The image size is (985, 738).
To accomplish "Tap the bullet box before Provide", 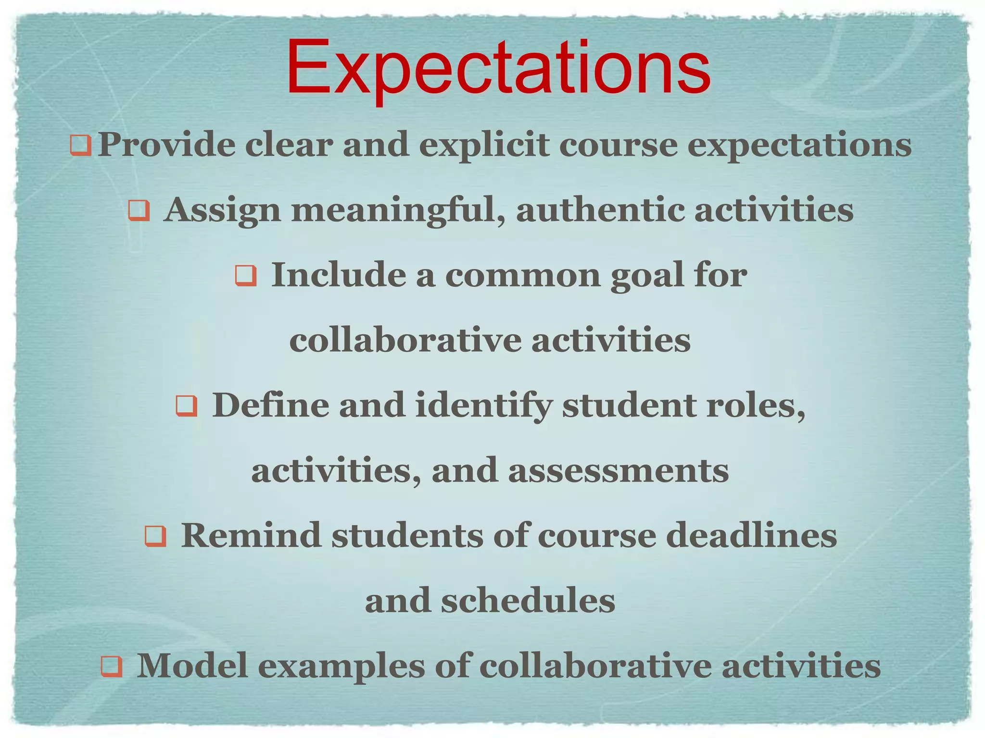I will click(80, 145).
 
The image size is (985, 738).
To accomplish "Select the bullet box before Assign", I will click(139, 210).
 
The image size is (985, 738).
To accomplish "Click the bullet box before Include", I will click(246, 276).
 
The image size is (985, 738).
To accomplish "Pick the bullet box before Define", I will click(186, 406).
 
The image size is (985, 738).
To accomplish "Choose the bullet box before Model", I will click(111, 666).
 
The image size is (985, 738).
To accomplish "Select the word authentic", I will click(600, 210).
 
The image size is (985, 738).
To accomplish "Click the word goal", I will click(647, 276).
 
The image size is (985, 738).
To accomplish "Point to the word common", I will click(522, 276).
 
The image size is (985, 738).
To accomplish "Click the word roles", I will click(755, 406).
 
